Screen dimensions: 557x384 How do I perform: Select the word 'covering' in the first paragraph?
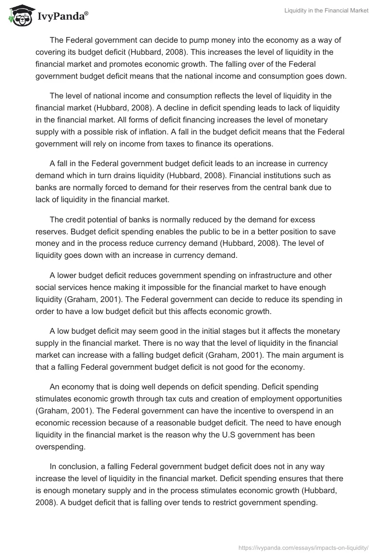coord(51,52)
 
